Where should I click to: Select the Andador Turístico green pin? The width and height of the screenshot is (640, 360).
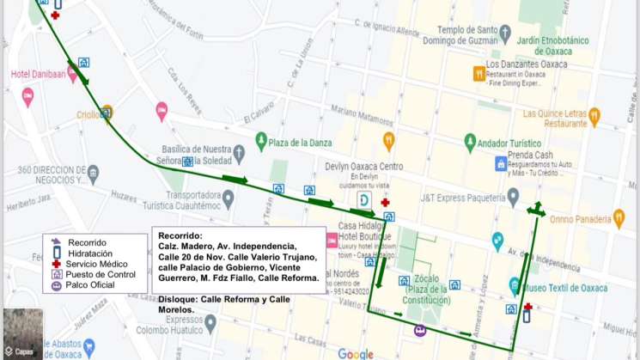[470, 141]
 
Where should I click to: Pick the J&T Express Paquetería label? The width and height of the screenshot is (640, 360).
[462, 197]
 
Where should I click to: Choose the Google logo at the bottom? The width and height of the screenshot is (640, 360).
[356, 353]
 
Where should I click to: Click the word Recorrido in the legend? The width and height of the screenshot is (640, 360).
[87, 242]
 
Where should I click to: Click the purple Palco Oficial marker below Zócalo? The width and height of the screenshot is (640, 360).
[419, 331]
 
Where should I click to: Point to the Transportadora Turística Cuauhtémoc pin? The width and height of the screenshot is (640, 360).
[228, 198]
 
